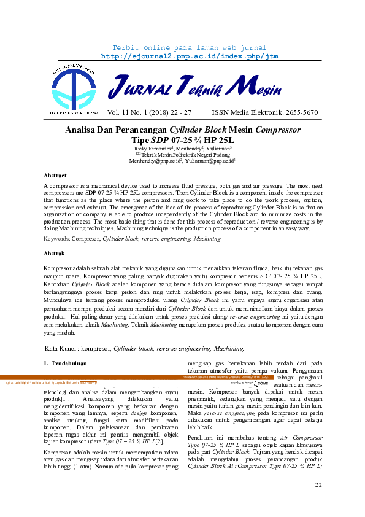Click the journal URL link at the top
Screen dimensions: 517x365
(x=182, y=56)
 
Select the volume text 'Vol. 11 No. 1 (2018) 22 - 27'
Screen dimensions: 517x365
(x=149, y=113)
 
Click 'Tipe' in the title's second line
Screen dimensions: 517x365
(x=137, y=139)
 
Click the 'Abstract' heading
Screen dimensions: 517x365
(x=55, y=175)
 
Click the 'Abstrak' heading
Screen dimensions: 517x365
(x=55, y=253)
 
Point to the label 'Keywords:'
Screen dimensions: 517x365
(x=57, y=237)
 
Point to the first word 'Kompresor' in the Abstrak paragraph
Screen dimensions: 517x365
(x=61, y=268)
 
